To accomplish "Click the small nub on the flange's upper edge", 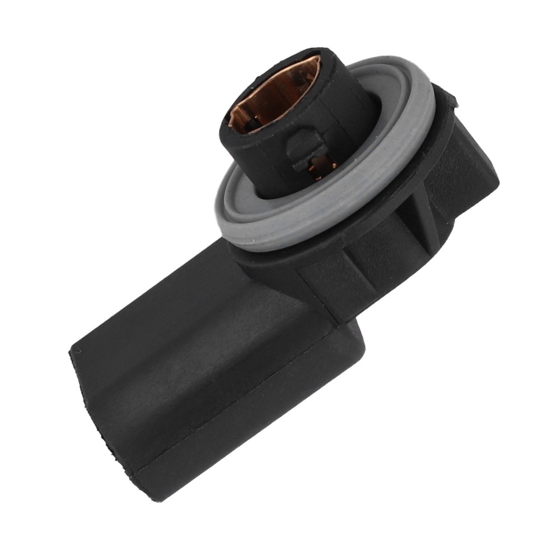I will coord(451,101).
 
